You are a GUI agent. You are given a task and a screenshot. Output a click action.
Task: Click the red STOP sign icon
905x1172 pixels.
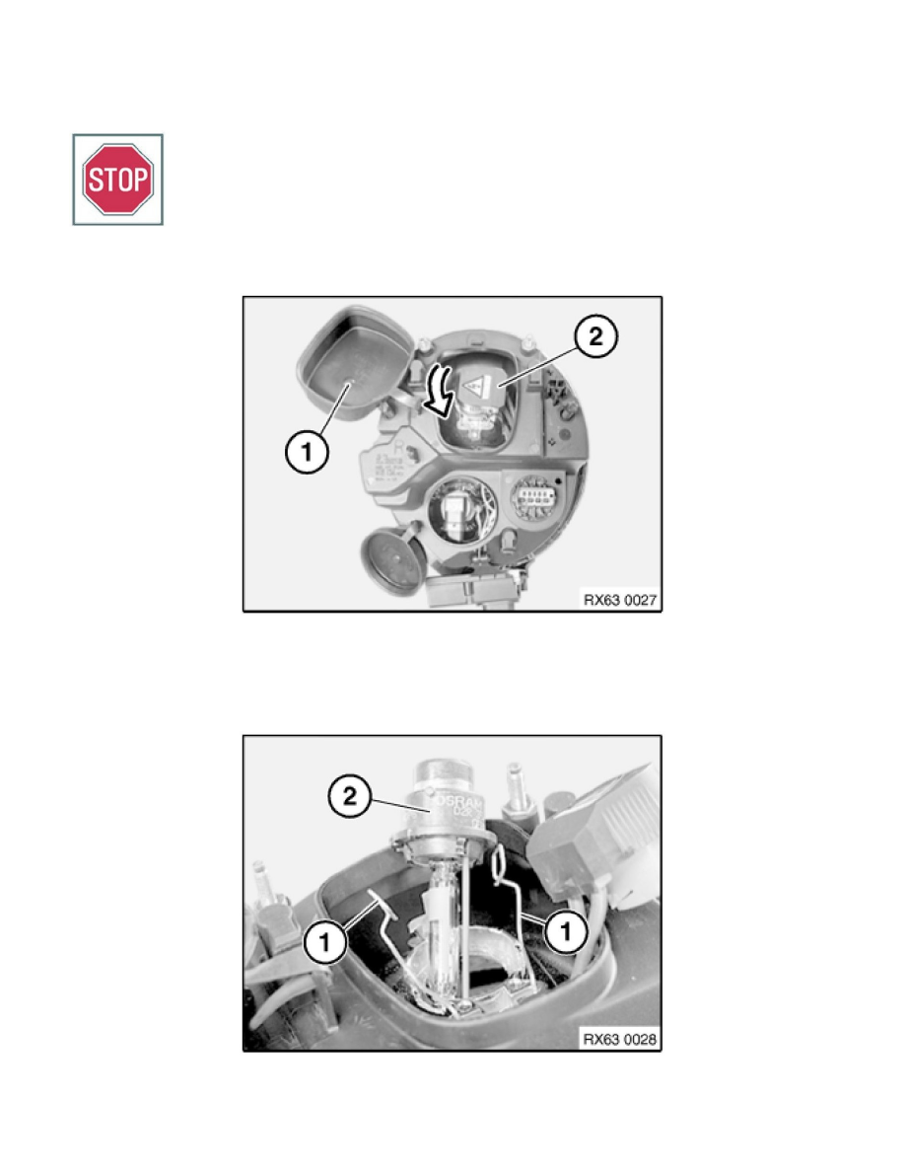(x=117, y=180)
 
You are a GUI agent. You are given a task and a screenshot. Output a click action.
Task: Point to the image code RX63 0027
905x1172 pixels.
(x=619, y=597)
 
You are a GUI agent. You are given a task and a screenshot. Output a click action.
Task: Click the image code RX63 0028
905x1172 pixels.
(x=619, y=1037)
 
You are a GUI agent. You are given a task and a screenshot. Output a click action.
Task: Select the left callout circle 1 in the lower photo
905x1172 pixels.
(x=327, y=940)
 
